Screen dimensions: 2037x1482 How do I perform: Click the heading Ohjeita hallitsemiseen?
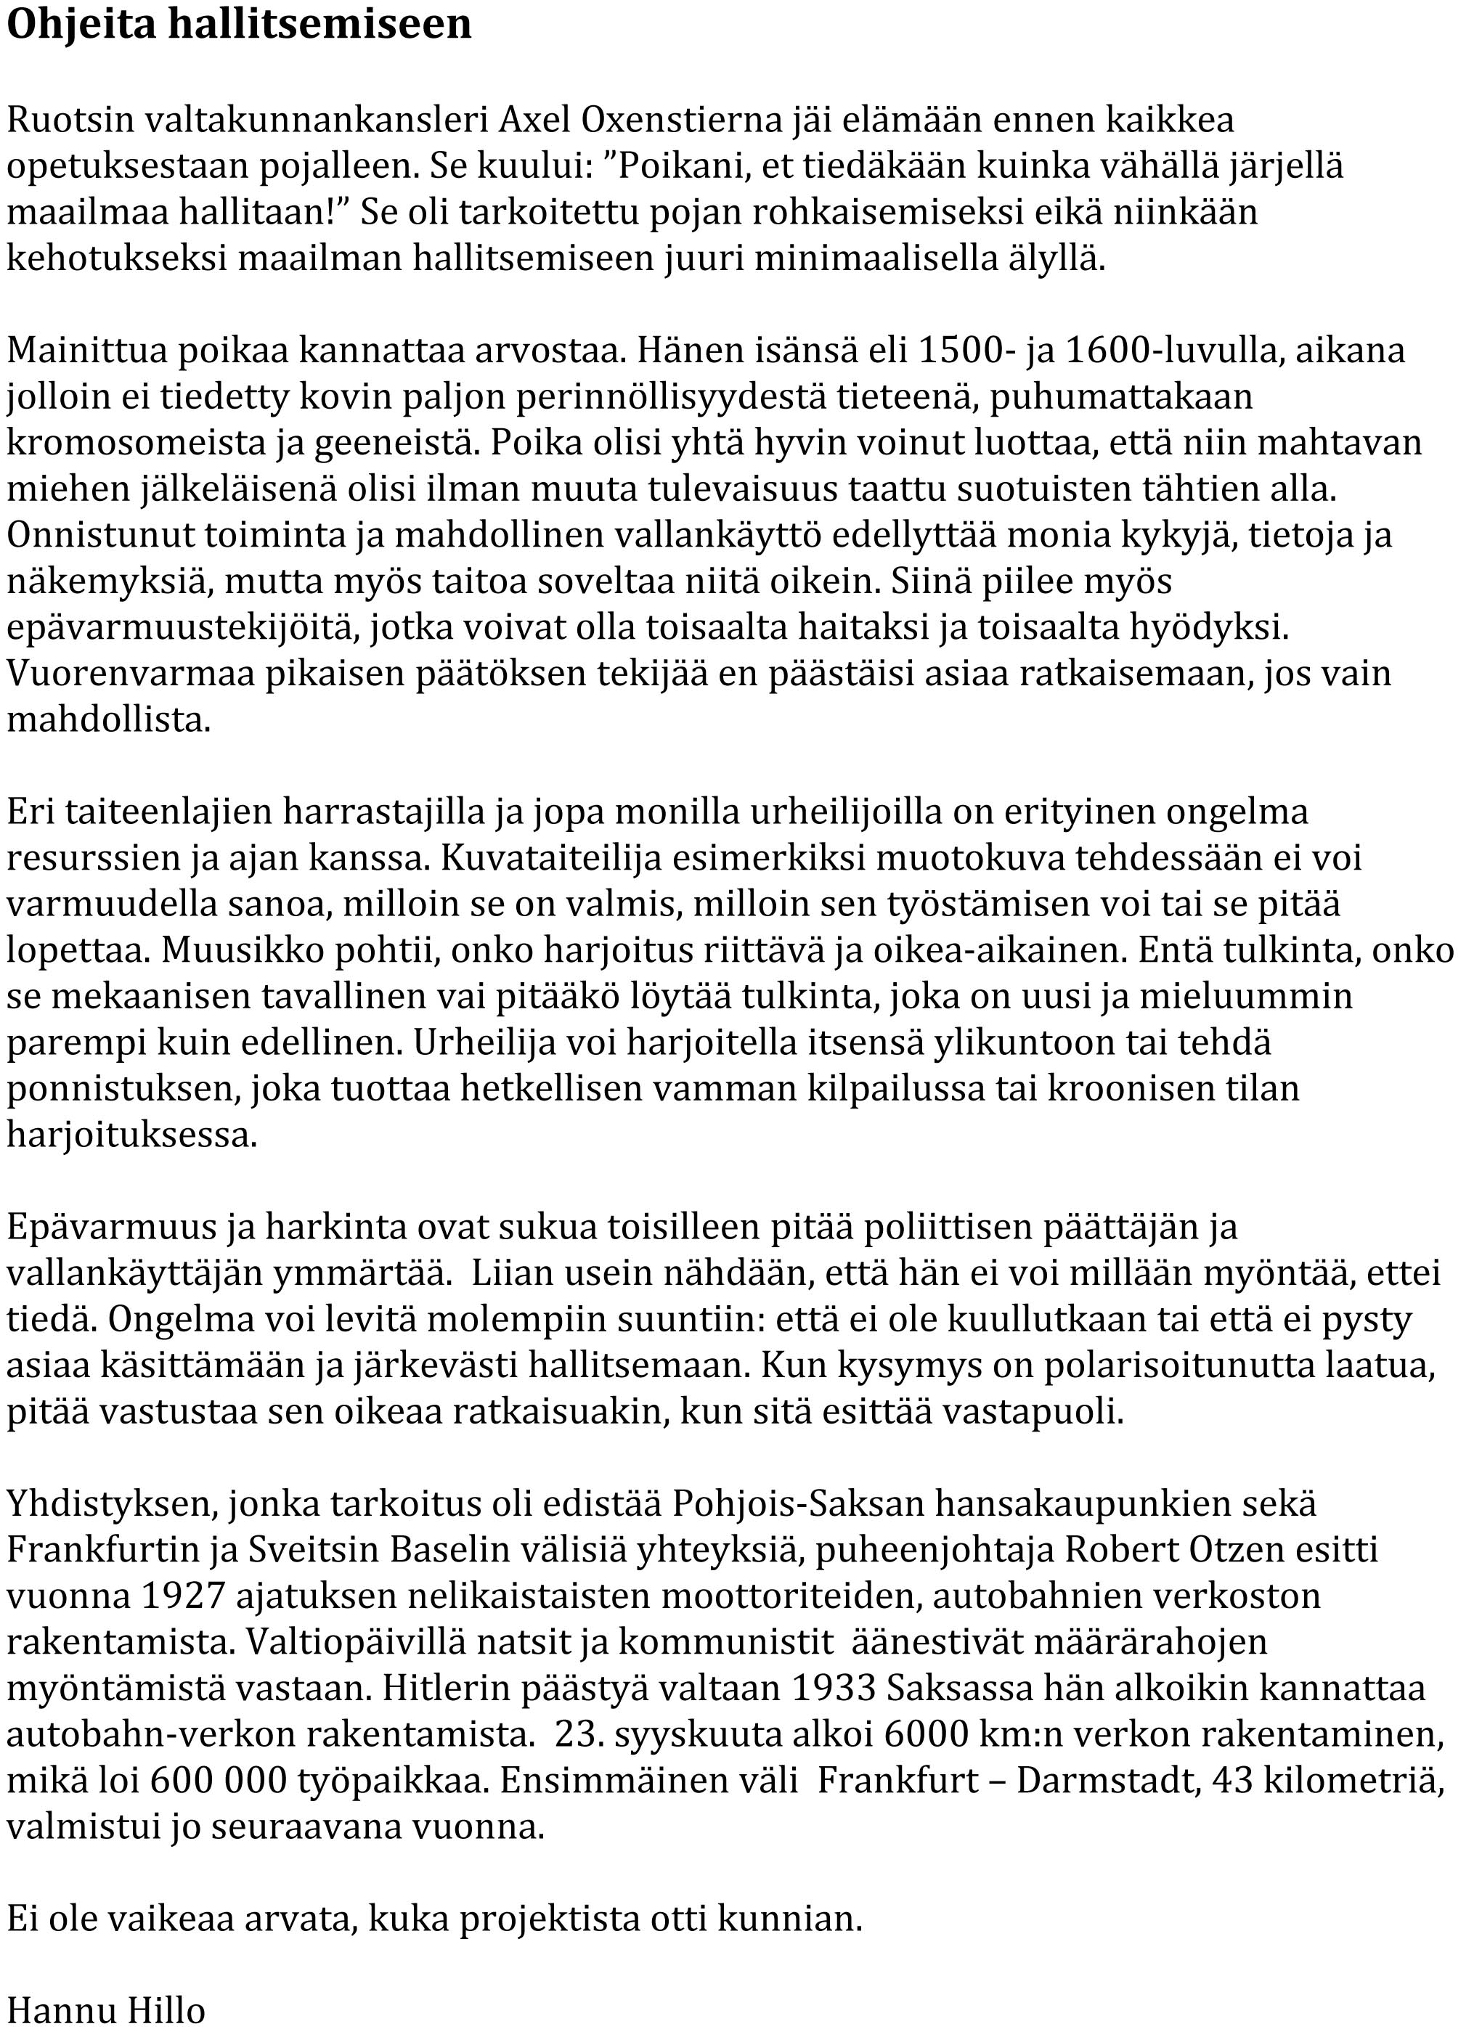point(239,25)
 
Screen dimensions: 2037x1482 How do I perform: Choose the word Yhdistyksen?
point(113,1503)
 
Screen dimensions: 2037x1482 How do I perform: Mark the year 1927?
point(182,1596)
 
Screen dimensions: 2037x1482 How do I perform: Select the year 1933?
point(833,1689)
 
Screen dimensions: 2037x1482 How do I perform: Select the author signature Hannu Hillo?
point(106,2012)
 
